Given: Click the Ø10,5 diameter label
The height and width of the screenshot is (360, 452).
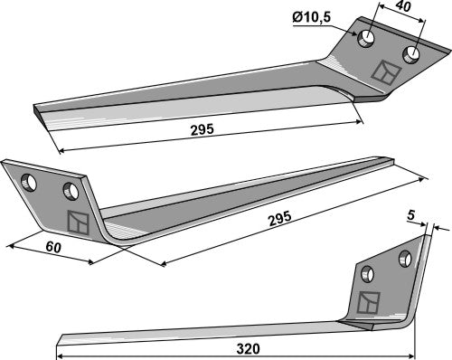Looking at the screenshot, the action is click(312, 18).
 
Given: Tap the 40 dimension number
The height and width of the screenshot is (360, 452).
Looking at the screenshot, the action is click(403, 6).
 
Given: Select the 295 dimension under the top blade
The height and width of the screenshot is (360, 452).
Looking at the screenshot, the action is click(202, 129).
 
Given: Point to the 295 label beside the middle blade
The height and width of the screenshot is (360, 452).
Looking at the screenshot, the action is click(280, 218).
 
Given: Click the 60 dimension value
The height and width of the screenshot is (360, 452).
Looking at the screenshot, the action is click(53, 247).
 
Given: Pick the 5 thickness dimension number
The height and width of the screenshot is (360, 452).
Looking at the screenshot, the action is click(410, 215).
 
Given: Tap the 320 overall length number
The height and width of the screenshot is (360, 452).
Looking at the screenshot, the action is click(248, 349).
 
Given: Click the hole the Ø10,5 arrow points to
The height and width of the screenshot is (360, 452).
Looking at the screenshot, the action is click(366, 39).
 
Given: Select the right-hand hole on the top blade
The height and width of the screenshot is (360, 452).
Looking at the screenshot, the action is click(411, 54).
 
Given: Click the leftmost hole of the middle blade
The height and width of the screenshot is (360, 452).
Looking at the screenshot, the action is click(29, 182).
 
